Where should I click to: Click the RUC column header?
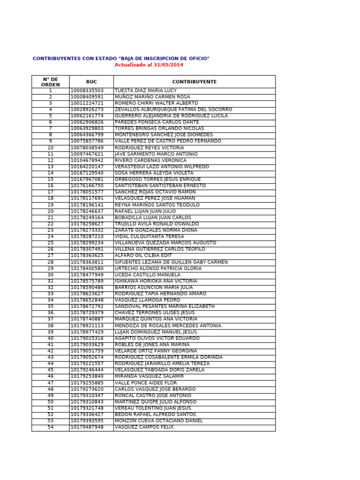coord(91,82)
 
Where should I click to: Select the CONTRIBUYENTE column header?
coord(194,82)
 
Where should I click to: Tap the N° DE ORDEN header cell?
coord(50,82)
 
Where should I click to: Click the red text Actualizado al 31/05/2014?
coord(149,65)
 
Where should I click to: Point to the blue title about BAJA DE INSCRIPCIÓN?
coord(121,59)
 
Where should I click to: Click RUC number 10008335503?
coord(87,90)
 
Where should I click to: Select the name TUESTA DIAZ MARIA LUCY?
coord(146,90)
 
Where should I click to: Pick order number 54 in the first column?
coord(50,427)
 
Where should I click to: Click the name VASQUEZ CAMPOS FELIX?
coord(144,427)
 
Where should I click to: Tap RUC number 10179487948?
coord(87,427)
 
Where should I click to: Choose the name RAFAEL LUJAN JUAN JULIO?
coord(145,211)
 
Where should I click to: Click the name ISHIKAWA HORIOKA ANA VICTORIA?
coord(156,281)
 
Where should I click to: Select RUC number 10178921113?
coord(87,326)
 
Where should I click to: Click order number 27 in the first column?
coord(50,255)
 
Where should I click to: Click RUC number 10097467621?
coord(87,154)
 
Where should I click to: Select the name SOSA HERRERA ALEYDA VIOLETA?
coord(154,173)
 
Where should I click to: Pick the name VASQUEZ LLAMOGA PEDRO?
coord(147,300)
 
